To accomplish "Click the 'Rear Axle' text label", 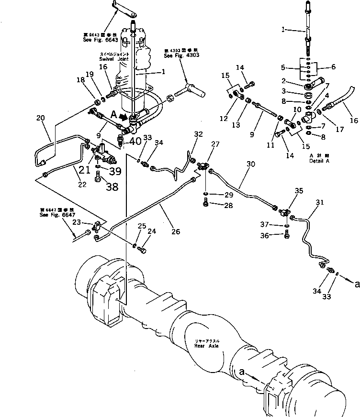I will click(207, 346).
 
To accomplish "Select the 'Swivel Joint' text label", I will click(111, 59).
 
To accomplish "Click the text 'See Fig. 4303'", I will click(181, 55).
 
